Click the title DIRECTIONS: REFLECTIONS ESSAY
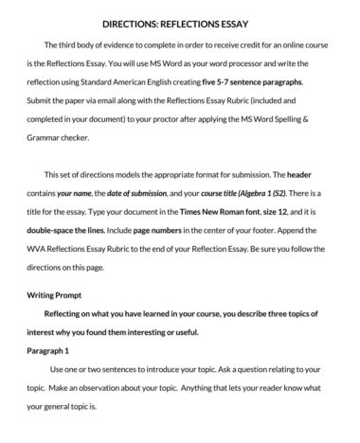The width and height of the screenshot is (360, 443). [180, 20]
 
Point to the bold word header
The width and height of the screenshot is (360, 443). [298, 174]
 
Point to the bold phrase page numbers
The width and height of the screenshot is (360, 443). [168, 228]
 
